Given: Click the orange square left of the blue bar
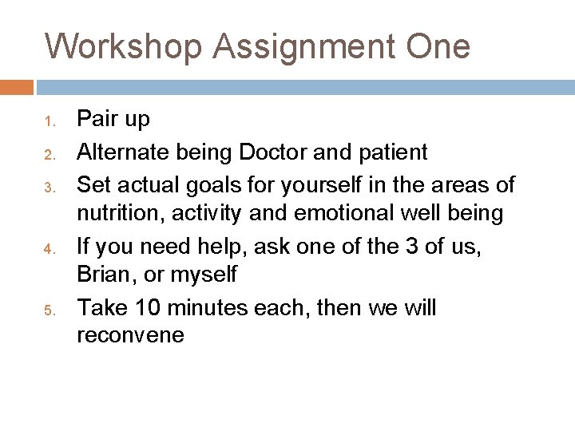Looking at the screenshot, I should coord(17,86).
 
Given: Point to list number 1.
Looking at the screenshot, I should coord(48,123).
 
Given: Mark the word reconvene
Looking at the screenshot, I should coord(130,336).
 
